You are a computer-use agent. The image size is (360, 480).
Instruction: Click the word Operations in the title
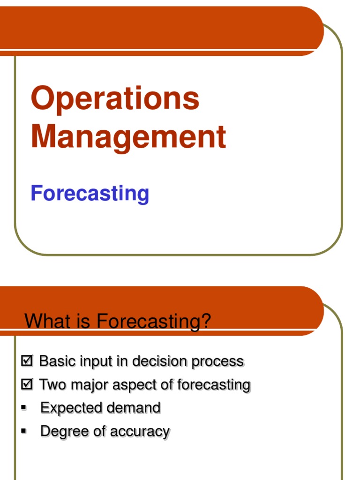(x=115, y=99)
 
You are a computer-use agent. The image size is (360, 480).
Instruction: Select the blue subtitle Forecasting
(x=90, y=193)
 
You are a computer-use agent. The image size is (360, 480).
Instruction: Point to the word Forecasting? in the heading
(x=154, y=322)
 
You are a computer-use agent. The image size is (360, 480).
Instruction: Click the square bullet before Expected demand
(x=23, y=407)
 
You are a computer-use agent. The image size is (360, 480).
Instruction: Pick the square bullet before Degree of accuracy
(x=23, y=430)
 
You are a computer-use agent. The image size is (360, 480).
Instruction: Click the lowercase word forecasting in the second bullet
(x=213, y=385)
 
